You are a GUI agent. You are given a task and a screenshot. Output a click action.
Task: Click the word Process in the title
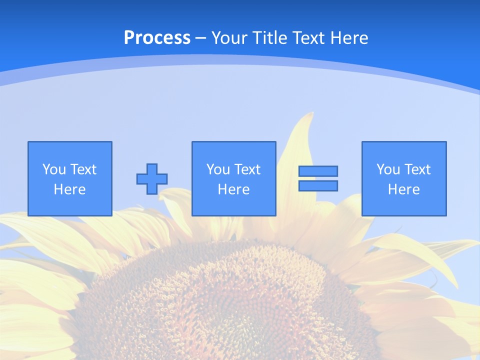coord(157,38)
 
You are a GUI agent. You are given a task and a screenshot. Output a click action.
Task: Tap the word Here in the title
coord(348,38)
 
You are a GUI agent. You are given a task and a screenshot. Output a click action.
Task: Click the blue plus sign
coord(152,179)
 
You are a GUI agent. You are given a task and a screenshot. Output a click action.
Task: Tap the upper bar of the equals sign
coord(318,171)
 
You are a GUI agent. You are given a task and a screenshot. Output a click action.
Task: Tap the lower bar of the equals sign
coord(318,186)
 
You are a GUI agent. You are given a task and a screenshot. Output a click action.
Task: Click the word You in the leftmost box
coord(54,169)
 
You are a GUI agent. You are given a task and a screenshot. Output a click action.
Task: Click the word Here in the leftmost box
coord(70,189)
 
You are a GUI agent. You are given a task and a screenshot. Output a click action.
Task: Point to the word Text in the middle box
coord(247,169)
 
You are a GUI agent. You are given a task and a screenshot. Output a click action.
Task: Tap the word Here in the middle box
coord(233,189)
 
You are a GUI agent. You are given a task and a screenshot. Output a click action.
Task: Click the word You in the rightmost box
coord(388,169)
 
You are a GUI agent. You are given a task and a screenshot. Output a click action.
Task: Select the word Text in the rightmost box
coord(417,169)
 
